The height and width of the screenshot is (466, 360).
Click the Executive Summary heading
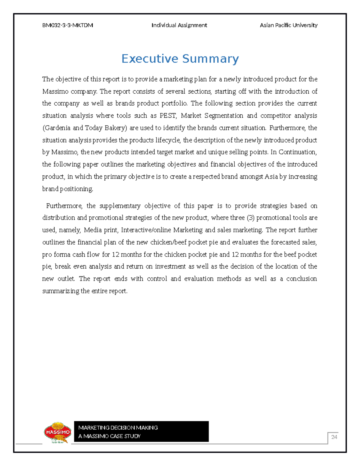click(180, 59)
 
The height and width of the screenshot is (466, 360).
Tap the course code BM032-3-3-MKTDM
click(67, 25)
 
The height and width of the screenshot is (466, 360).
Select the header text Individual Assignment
click(179, 25)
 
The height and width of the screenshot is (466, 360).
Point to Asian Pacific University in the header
click(289, 25)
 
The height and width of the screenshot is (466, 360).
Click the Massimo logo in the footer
click(57, 432)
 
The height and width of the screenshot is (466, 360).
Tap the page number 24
click(334, 437)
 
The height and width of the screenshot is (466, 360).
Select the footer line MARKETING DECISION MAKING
click(118, 428)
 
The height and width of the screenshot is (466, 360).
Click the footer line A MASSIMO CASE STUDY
click(109, 436)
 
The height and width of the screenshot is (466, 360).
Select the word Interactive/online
click(145, 230)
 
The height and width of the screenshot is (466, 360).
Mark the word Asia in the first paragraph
click(271, 177)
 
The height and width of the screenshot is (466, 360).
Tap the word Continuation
click(297, 152)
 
